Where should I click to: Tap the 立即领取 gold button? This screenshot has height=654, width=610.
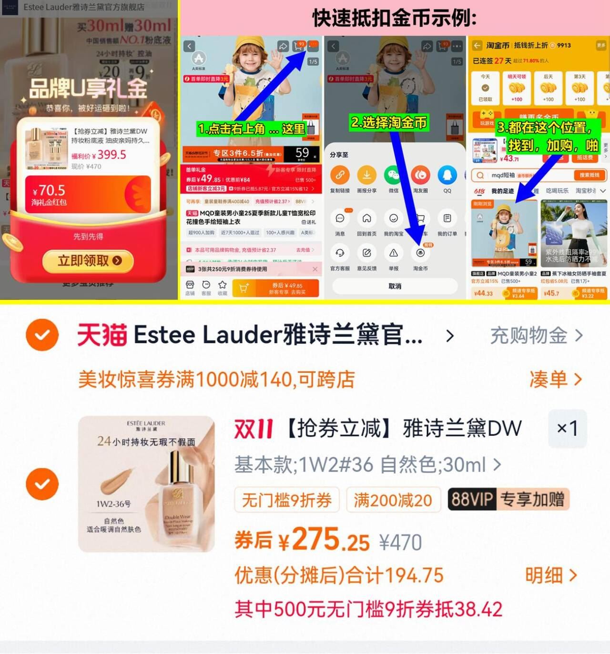[x=89, y=261]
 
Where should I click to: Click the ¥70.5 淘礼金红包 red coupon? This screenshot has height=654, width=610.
[x=88, y=194]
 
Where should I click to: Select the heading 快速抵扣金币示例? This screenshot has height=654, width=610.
[x=394, y=19]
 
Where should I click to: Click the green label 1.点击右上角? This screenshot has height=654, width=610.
[x=251, y=129]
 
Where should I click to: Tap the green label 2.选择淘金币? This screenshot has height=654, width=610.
[x=389, y=122]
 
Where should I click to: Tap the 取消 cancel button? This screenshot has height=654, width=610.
[x=395, y=286]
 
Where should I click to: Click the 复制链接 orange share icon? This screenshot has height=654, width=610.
[x=340, y=175]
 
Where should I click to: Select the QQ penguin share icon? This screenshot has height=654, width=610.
[x=447, y=175]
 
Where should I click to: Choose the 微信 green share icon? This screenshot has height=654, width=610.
[x=393, y=175]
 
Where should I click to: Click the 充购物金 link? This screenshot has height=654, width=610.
[x=536, y=336]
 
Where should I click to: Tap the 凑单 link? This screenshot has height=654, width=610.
[x=555, y=380]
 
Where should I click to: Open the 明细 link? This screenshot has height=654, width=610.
[x=550, y=575]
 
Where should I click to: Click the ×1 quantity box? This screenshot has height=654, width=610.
[x=567, y=429]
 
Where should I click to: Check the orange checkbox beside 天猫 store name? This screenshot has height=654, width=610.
[x=42, y=335]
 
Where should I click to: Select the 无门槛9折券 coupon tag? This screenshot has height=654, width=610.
[x=287, y=500]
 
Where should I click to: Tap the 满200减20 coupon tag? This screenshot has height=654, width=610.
[x=393, y=500]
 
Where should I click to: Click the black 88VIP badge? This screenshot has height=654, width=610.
[x=472, y=499]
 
